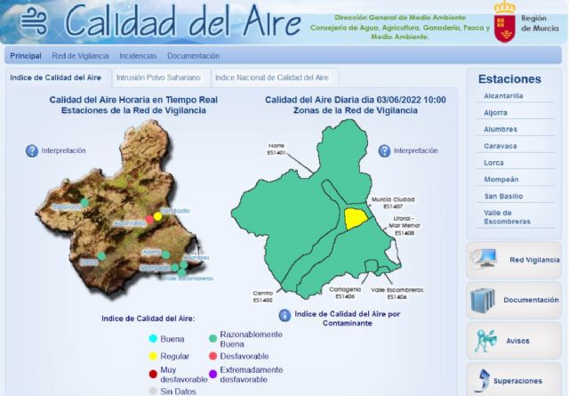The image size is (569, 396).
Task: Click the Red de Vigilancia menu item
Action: point(80,56)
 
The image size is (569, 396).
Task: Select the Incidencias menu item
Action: point(137,56)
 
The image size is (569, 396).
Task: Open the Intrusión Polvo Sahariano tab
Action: point(157,77)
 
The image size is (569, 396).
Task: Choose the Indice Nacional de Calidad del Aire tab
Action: point(271,77)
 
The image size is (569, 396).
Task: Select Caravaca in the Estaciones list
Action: point(500,145)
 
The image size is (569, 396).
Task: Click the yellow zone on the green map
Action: point(357,218)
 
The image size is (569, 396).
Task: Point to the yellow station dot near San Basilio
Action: point(158,216)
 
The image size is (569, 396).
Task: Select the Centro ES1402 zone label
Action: point(262,296)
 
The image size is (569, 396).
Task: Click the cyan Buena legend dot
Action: point(153,339)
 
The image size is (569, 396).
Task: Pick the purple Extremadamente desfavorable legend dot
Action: point(212,375)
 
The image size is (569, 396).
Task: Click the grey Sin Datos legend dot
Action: point(153,391)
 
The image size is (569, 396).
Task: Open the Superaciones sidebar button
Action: point(513,381)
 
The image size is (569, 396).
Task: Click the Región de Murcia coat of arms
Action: point(505,20)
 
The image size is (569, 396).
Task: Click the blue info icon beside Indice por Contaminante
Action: point(284,315)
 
